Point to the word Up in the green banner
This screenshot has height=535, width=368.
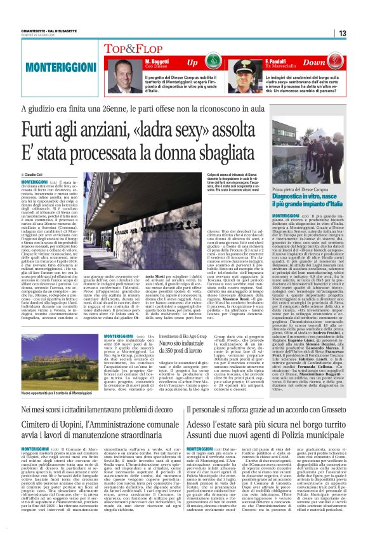coord(193,63)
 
